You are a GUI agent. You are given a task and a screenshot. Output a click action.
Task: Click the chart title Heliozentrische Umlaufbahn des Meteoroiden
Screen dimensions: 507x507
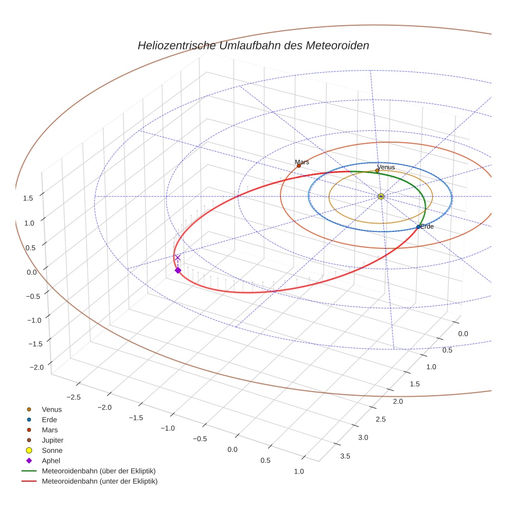point(253,45)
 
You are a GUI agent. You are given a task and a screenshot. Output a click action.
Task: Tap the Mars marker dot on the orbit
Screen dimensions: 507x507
point(299,165)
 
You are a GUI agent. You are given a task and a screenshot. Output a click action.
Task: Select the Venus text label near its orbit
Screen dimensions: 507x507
point(386,167)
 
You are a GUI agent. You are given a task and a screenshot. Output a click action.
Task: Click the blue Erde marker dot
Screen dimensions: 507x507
point(418,227)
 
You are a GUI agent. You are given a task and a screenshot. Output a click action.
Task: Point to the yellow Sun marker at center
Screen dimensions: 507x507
point(381,196)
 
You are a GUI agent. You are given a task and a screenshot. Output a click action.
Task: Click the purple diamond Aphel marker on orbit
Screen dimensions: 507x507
point(178,270)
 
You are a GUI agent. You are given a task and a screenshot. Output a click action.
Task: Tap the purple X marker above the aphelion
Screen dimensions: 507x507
point(178,258)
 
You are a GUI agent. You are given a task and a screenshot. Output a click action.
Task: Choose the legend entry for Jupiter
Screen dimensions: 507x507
point(52,440)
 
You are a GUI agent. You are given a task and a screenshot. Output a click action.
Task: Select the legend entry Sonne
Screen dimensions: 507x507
point(52,450)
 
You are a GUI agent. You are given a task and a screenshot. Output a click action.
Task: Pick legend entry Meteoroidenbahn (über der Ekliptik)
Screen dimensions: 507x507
point(98,471)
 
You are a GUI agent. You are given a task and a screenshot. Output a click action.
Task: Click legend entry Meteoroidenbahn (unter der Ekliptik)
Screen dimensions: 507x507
point(99,481)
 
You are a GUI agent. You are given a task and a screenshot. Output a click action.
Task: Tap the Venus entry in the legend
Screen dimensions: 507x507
point(52,409)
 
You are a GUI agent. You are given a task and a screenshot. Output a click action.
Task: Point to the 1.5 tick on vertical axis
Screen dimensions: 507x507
point(29,198)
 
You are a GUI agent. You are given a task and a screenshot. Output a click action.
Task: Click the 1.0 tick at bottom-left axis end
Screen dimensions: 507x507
point(298,471)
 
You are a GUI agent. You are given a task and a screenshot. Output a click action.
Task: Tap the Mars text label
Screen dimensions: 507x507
point(302,162)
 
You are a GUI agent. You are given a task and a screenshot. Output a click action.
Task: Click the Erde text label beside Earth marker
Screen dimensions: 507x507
point(427,226)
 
